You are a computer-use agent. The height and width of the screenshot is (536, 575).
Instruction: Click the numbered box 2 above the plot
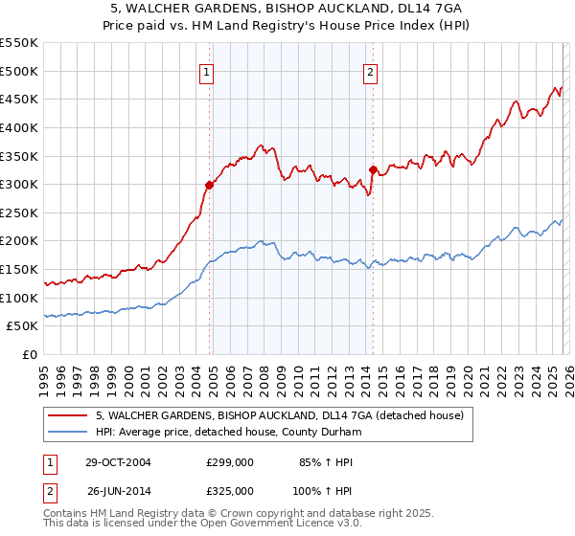tap(371, 71)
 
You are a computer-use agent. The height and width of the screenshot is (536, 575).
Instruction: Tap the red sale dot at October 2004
tap(209, 185)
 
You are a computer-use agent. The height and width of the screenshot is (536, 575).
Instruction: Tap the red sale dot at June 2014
tap(373, 170)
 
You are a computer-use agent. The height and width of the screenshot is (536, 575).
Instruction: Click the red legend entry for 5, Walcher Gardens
tap(279, 415)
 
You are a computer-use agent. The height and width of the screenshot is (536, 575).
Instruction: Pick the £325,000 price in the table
tap(230, 490)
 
